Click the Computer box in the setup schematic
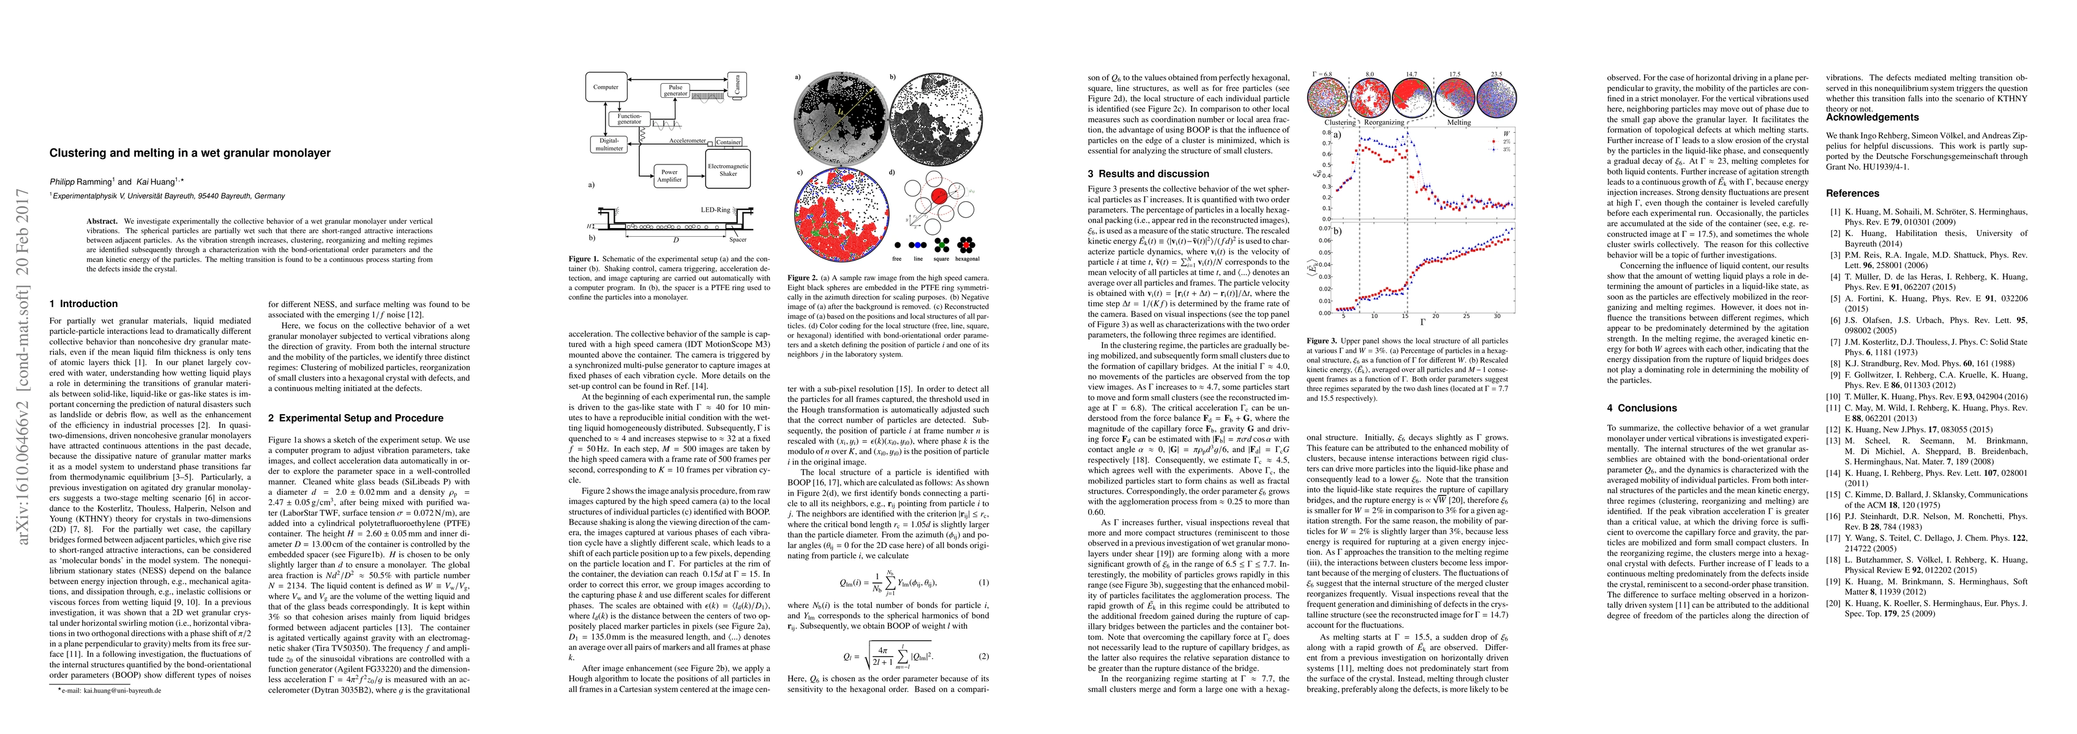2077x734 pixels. [606, 87]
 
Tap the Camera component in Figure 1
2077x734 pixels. [736, 84]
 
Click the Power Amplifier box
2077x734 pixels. [669, 175]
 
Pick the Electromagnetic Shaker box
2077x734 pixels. [727, 169]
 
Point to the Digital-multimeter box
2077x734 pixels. [609, 144]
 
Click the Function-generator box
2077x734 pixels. [629, 119]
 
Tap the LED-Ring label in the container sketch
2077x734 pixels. [715, 209]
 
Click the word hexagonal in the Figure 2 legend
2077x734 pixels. [967, 259]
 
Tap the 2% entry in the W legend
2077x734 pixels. [1505, 141]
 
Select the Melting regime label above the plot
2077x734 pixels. [1459, 122]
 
